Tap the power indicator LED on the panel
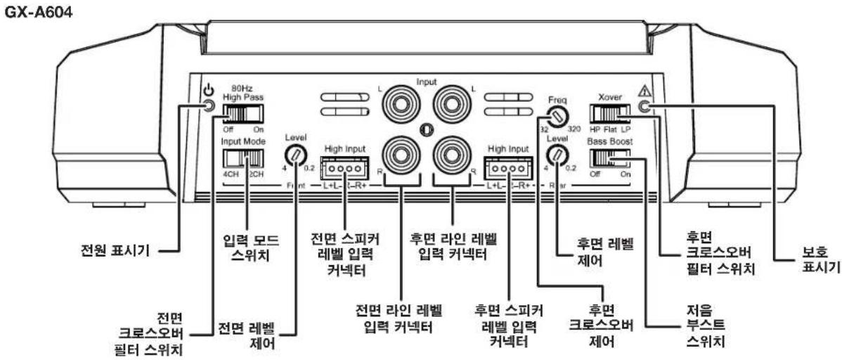point(209,105)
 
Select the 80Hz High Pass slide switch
point(242,112)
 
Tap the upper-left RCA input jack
point(398,108)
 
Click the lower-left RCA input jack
point(398,156)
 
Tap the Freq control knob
point(556,117)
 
